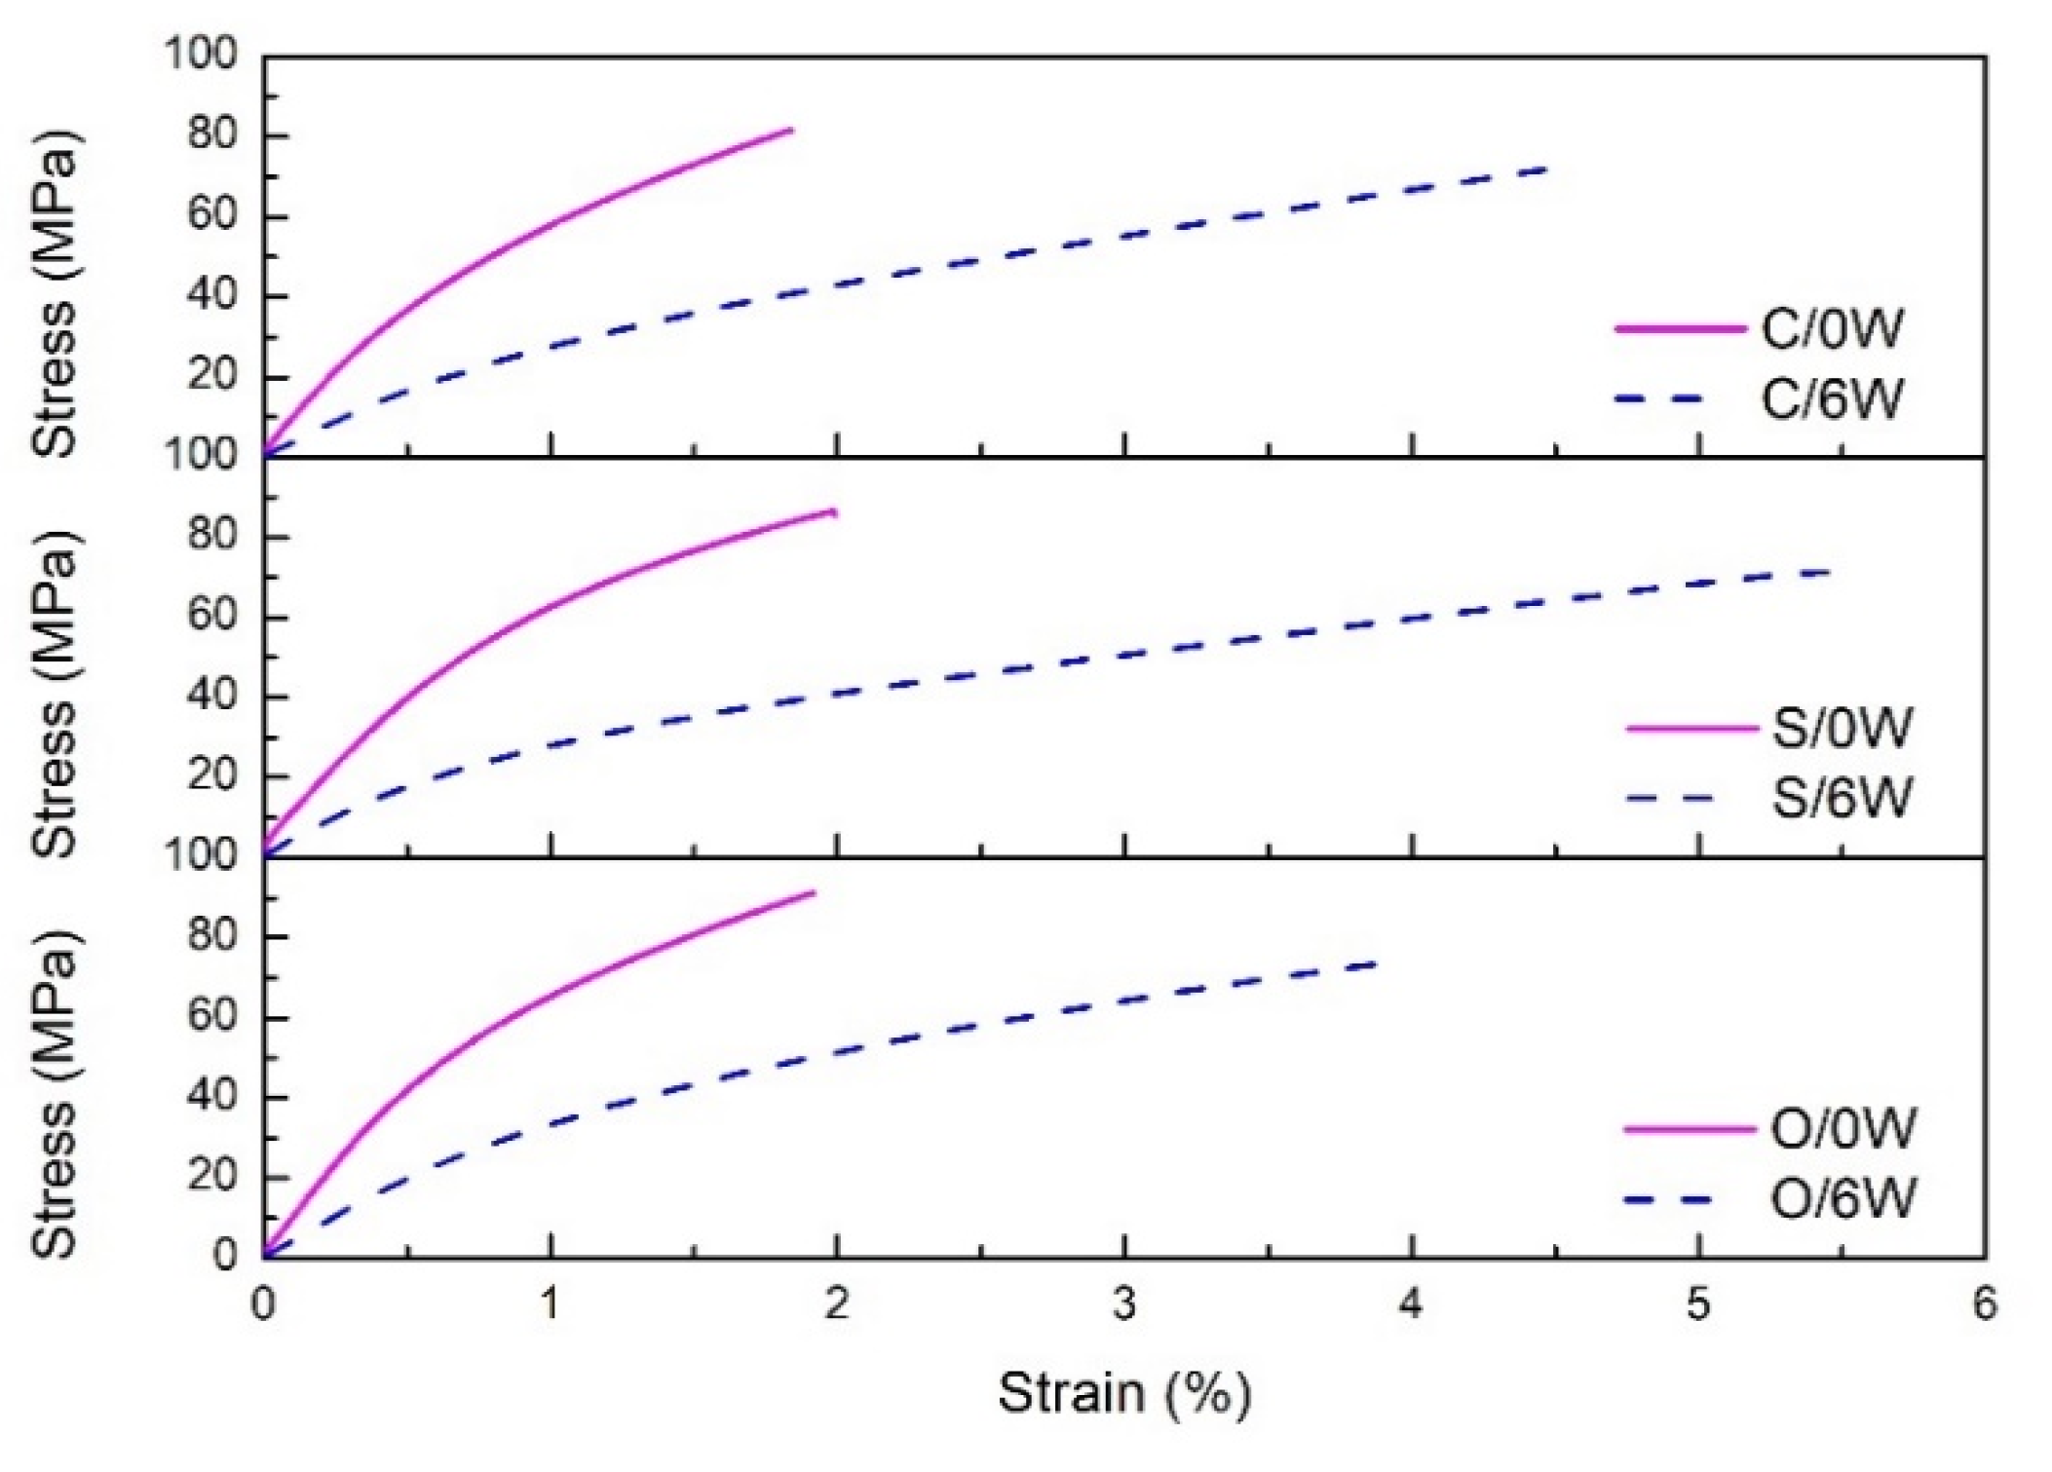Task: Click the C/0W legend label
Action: (x=1831, y=329)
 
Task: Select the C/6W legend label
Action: (x=1831, y=399)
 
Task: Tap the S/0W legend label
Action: (x=1841, y=728)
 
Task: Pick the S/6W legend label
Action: (x=1841, y=798)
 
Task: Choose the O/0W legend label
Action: (x=1843, y=1128)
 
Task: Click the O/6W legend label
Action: (x=1843, y=1198)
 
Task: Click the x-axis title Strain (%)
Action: (x=1123, y=1392)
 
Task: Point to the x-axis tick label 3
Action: (x=1124, y=1304)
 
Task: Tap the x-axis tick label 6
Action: (x=1984, y=1304)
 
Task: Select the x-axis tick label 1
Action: (x=551, y=1304)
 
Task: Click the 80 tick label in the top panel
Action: (x=212, y=133)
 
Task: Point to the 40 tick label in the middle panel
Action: (x=212, y=696)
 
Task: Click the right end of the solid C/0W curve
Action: (x=791, y=129)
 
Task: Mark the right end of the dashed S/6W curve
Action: (x=1830, y=572)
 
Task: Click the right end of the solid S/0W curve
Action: (x=835, y=510)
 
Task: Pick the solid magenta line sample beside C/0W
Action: (x=1679, y=329)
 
